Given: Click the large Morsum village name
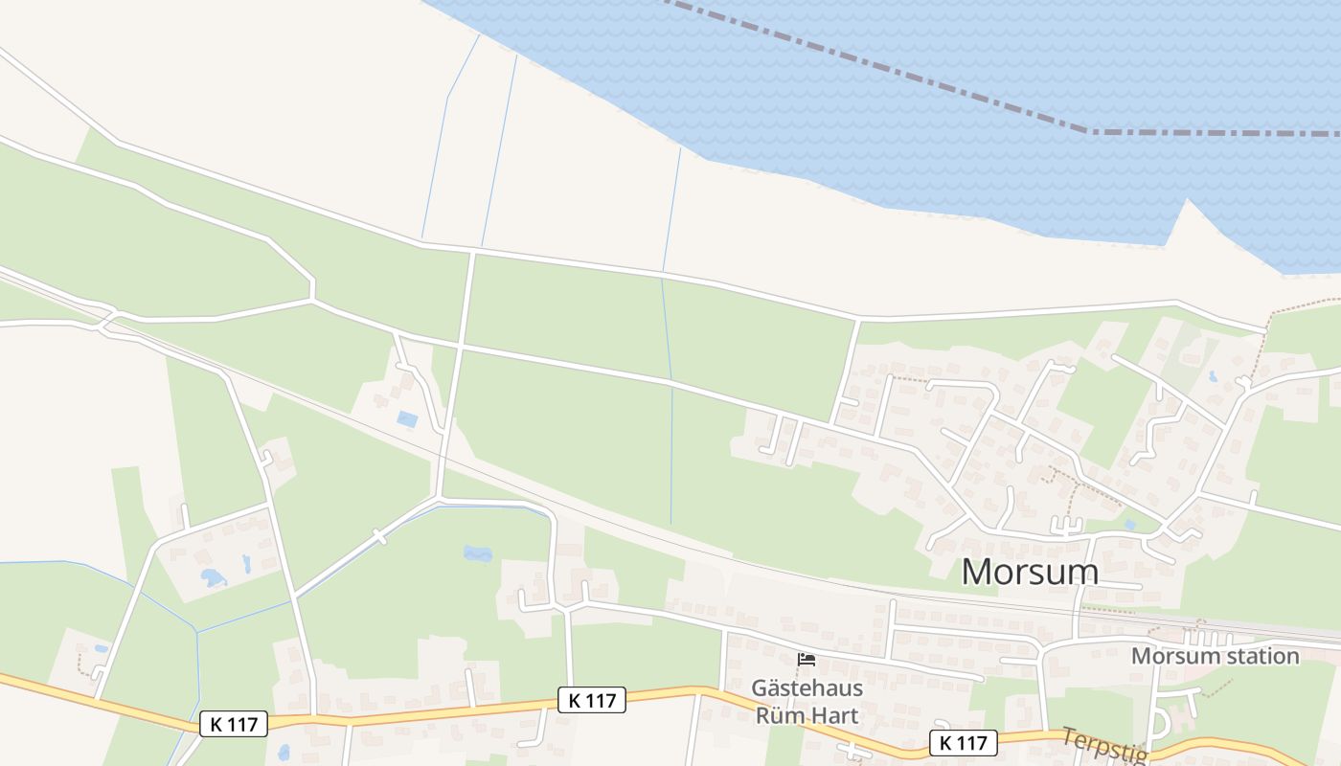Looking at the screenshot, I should click(x=1030, y=572).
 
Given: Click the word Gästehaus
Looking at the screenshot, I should click(x=807, y=687).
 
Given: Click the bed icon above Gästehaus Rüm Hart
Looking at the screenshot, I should click(x=807, y=659).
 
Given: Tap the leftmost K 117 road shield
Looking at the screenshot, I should click(x=234, y=724).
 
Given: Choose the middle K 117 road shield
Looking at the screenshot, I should click(x=592, y=700).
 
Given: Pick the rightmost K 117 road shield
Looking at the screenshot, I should click(x=963, y=742).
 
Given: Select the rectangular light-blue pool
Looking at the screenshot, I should click(x=407, y=419).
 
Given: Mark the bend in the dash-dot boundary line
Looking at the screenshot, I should click(x=1088, y=131).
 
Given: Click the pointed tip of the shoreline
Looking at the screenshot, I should click(x=1188, y=200).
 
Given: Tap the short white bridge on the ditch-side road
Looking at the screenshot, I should click(x=379, y=537).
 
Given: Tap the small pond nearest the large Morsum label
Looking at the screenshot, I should click(x=1131, y=525).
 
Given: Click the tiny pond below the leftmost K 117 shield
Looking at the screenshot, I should click(x=283, y=752).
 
